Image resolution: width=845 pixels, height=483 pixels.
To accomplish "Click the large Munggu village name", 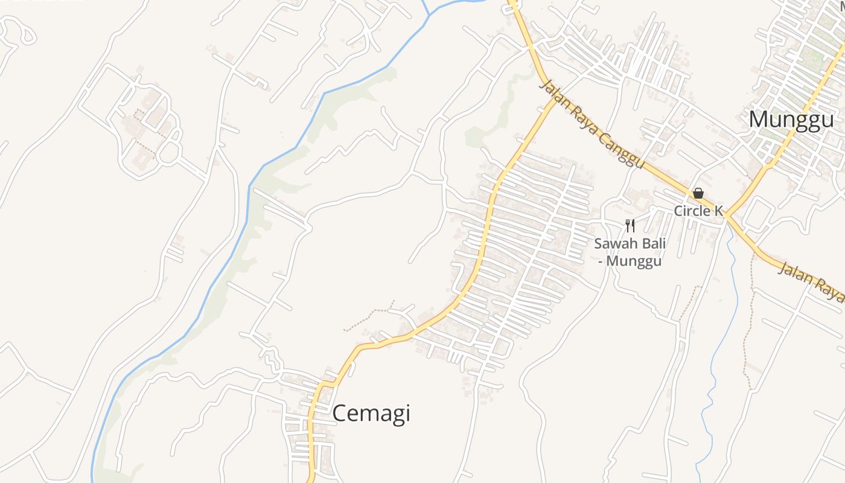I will tap(791, 120).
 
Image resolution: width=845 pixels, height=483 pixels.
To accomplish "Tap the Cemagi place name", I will tap(371, 414).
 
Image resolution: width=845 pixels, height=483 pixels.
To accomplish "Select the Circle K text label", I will tap(698, 211).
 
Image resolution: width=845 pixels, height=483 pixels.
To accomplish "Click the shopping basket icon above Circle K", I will tap(698, 193).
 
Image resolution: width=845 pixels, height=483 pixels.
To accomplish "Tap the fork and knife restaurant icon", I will tap(630, 226).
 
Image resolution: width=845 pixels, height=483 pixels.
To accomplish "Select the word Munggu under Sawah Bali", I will tap(634, 261).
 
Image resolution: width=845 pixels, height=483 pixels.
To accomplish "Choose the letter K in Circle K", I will tap(718, 211).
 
